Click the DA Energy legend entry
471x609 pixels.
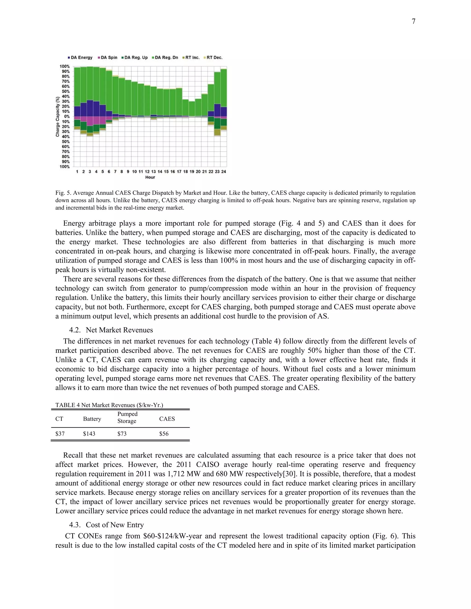point(80,57)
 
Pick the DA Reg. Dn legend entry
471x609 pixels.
point(165,57)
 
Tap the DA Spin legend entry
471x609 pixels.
point(107,57)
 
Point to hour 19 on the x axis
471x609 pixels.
point(192,171)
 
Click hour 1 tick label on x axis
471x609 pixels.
point(77,171)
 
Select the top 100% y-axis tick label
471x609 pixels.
point(64,66)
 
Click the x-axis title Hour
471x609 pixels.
point(150,177)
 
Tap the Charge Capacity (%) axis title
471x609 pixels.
point(57,117)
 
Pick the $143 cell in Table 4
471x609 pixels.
point(89,434)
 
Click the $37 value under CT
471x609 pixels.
point(60,434)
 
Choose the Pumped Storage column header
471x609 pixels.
point(127,417)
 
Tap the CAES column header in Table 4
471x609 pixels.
point(167,419)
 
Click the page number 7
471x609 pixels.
point(414,21)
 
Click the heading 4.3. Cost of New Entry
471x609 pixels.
point(106,525)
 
